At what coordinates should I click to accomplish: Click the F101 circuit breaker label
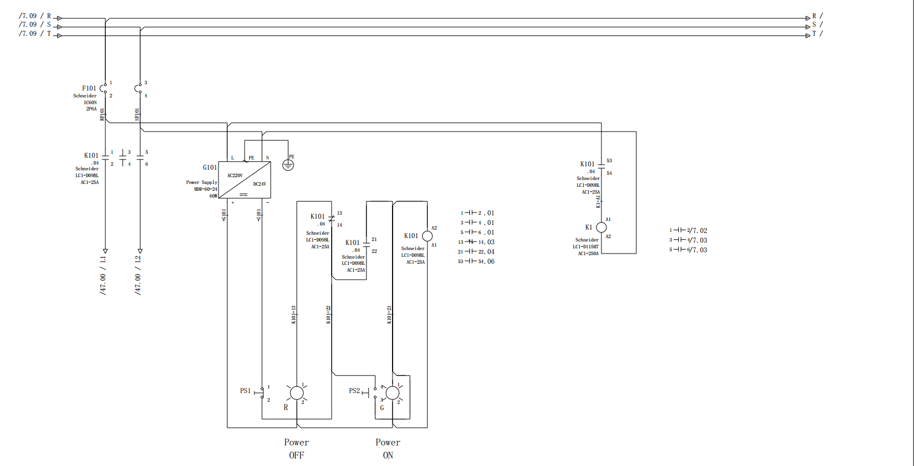click(89, 88)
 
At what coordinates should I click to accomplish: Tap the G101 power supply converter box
click(245, 180)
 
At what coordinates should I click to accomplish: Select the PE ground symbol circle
click(288, 165)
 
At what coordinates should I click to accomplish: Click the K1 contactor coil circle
click(601, 227)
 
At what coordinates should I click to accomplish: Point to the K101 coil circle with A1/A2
click(427, 236)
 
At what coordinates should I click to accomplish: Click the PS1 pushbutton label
click(245, 391)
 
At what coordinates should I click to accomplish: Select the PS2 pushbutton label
click(354, 391)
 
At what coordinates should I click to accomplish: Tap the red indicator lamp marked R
click(297, 393)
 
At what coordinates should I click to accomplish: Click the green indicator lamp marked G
click(393, 393)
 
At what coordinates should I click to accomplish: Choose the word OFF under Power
click(296, 455)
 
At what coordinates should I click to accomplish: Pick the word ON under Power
click(388, 455)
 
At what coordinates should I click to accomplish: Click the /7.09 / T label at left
click(35, 34)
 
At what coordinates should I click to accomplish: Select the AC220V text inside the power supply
click(235, 175)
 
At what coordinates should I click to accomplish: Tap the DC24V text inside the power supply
click(259, 184)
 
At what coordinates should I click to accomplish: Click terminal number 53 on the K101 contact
click(609, 161)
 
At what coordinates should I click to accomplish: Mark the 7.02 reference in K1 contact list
click(700, 231)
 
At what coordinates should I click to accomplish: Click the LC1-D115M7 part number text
click(585, 247)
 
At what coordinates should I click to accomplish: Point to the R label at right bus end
click(814, 16)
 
